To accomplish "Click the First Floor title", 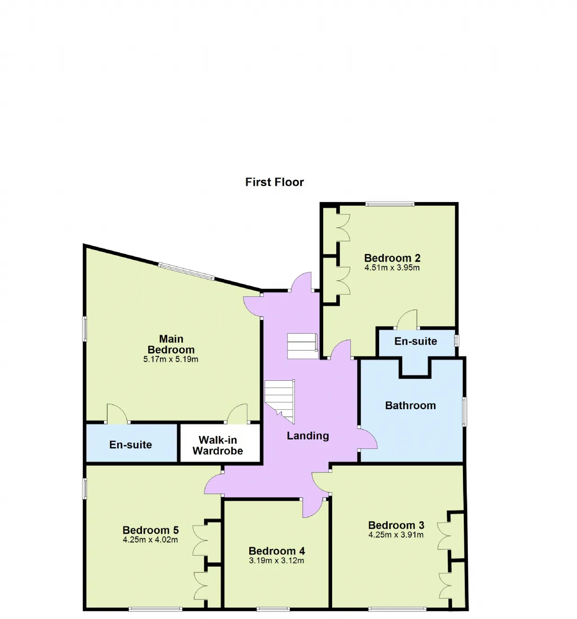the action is pos(274,182).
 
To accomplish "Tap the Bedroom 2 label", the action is pos(392,258).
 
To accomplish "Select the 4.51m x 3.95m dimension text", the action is pos(392,268).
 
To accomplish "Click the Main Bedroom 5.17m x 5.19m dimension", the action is pos(170,359).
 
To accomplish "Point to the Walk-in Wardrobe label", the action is pos(217,445).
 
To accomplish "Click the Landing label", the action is pos(307,436).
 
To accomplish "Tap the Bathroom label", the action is pos(410,406).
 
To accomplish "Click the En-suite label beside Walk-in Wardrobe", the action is pos(131,444).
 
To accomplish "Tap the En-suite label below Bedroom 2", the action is pos(416,341).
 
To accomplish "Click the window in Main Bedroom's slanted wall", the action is pos(186,271).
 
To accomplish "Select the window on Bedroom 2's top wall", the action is pos(390,204).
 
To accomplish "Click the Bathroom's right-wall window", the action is pos(464,411).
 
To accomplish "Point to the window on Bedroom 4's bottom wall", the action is pos(273,609).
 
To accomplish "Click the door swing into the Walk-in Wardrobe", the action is pos(238,413).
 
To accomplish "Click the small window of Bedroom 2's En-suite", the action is pos(457,340).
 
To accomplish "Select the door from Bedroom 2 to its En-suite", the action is pos(407,319).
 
